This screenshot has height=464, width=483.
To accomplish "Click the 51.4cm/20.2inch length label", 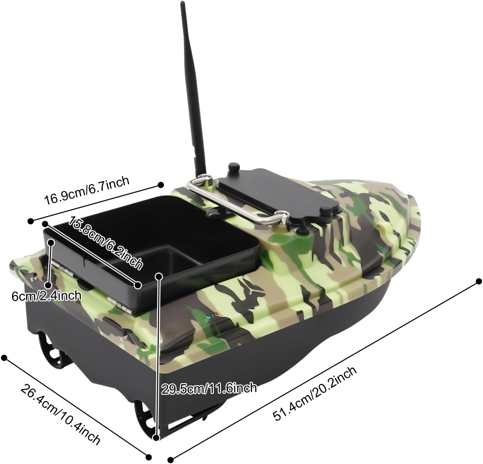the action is (x=315, y=393).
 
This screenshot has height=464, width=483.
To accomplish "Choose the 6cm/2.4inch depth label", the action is (x=47, y=296).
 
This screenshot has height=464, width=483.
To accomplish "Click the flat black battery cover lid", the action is (x=278, y=190).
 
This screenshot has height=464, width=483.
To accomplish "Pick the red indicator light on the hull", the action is (x=217, y=314).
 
